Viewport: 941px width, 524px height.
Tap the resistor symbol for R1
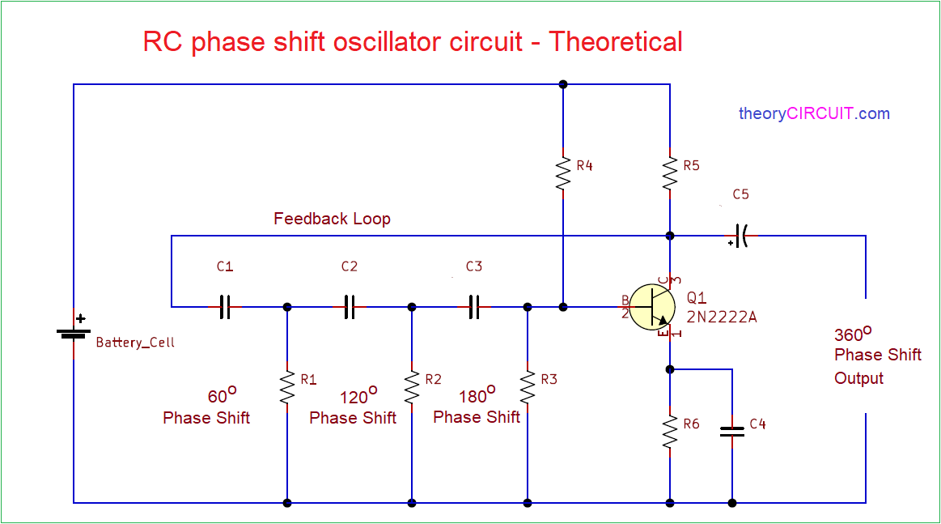tap(287, 387)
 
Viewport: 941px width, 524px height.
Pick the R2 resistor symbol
tap(412, 387)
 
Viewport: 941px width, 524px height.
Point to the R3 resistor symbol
tap(528, 387)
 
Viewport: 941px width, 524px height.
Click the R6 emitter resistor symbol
tap(670, 431)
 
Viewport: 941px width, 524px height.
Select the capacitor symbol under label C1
tap(225, 306)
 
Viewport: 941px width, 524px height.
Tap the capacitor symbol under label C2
tap(350, 306)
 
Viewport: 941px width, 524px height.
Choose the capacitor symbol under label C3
tap(474, 306)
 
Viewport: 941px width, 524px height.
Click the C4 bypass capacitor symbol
tap(732, 432)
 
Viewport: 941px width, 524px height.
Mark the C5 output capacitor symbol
tap(740, 236)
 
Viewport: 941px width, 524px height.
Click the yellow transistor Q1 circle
tap(652, 307)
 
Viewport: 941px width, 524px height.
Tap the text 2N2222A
tap(721, 317)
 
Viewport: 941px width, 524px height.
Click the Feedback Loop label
tap(332, 219)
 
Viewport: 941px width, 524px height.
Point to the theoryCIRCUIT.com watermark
tap(814, 113)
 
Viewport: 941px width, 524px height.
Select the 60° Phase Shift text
tap(207, 407)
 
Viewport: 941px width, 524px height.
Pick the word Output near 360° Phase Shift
tap(858, 378)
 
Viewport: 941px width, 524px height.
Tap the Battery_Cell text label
tap(135, 343)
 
